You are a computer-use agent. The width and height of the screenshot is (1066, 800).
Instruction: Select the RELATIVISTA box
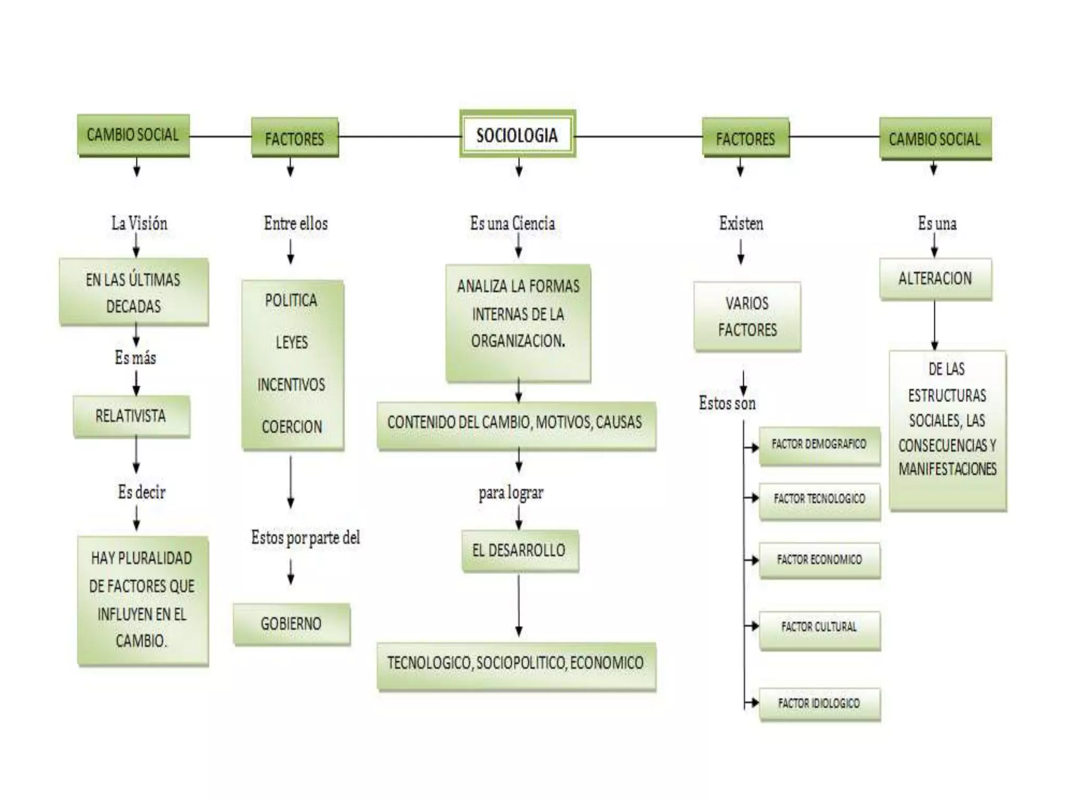[x=131, y=416]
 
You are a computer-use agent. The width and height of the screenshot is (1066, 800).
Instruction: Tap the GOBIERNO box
[x=291, y=623]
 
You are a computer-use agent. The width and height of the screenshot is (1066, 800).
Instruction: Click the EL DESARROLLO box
[x=519, y=550]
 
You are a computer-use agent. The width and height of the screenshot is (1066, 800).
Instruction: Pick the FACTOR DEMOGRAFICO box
[x=819, y=444]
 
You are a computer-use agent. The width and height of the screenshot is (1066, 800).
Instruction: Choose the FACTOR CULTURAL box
[x=819, y=627]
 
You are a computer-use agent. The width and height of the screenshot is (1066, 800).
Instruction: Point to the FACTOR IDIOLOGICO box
[x=819, y=703]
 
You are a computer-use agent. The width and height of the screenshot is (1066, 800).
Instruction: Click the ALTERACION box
[x=935, y=278]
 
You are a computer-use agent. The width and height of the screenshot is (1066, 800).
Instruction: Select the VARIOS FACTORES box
[x=747, y=316]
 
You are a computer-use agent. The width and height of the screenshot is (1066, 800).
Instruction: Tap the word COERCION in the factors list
[x=292, y=427]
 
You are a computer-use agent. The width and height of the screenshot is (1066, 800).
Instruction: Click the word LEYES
[x=292, y=342]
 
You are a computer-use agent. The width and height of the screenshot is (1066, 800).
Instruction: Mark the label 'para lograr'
[x=511, y=492]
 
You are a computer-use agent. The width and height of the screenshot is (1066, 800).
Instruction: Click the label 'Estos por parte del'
[x=306, y=537]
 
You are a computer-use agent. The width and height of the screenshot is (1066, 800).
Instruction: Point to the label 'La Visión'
[x=139, y=223]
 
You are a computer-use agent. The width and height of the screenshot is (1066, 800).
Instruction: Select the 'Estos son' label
[x=727, y=403]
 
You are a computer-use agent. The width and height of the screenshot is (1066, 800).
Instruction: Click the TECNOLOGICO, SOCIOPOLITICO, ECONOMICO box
[x=516, y=663]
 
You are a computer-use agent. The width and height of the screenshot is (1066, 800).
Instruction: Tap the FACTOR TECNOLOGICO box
[x=819, y=499]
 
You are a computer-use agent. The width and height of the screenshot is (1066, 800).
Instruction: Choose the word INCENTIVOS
[x=291, y=384]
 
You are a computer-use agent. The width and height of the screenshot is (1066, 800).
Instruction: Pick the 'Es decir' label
[x=142, y=492]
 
